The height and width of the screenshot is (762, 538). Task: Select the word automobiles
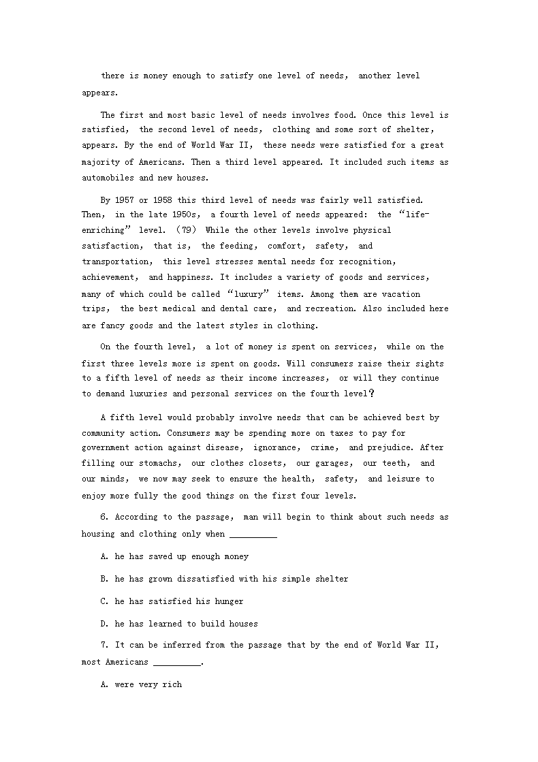(x=109, y=178)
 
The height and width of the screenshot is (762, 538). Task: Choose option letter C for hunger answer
(x=104, y=601)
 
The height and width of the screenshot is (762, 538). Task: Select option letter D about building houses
(x=104, y=624)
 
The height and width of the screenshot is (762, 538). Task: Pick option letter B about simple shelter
(x=104, y=579)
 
